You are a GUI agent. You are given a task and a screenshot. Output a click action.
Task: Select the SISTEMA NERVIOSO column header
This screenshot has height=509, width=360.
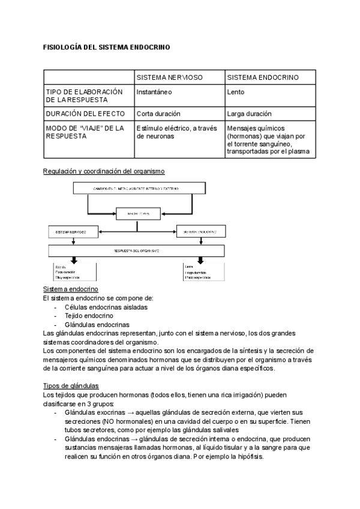tap(169, 78)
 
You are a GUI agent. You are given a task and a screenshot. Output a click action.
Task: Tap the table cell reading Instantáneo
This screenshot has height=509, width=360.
tap(154, 92)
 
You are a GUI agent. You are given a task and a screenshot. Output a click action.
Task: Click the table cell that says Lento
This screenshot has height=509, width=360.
tap(236, 92)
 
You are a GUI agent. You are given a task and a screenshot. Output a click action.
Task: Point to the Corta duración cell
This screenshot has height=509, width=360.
tap(158, 113)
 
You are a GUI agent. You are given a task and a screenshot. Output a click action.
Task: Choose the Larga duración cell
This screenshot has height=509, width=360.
tap(249, 113)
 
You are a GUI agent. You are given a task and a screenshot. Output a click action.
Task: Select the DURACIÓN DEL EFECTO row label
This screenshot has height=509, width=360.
tap(85, 113)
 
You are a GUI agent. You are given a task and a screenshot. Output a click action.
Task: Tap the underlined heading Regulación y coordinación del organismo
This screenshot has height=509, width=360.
tap(104, 171)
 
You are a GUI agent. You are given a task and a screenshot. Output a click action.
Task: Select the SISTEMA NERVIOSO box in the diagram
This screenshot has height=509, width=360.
tap(74, 230)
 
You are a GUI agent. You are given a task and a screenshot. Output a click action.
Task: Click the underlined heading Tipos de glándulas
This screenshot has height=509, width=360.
tap(71, 385)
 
